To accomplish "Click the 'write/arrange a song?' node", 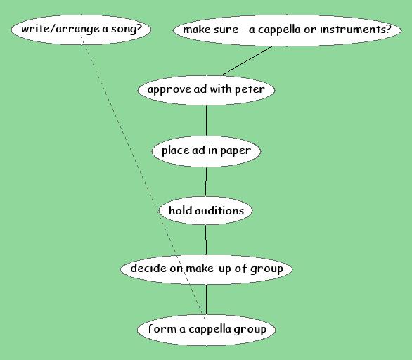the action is [81, 30].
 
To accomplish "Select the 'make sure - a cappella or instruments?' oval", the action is [287, 30].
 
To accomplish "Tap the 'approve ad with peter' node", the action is [206, 90].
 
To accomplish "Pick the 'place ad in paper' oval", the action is [206, 151].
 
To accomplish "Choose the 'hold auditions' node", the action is [206, 211].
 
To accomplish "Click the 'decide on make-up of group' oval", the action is [206, 269].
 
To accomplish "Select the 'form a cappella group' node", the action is [206, 330].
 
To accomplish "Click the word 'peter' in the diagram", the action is [250, 90].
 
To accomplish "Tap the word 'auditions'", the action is [219, 211].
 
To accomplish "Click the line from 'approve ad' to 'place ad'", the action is [206, 120].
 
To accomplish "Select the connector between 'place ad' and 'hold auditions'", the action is [206, 181].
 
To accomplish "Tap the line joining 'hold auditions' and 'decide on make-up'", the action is [206, 239].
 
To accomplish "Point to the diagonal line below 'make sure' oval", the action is [247, 61].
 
